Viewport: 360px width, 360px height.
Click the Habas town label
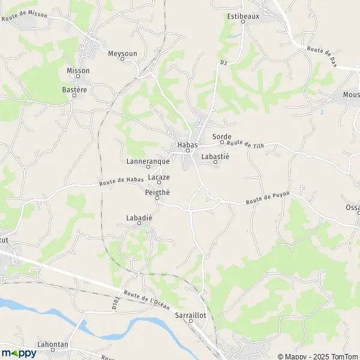click(x=187, y=145)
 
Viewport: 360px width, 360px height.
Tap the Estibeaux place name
click(x=243, y=16)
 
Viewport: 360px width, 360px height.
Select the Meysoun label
click(x=122, y=53)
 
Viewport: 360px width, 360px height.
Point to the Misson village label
click(x=78, y=70)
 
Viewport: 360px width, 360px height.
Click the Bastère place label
click(x=74, y=89)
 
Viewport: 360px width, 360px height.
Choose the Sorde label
click(x=221, y=137)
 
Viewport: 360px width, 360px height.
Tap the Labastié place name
click(x=215, y=156)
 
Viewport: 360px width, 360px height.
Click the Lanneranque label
click(x=148, y=161)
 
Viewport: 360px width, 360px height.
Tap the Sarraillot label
click(x=191, y=314)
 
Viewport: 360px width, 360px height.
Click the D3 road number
click(x=223, y=62)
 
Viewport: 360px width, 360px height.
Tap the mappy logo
click(x=19, y=353)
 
